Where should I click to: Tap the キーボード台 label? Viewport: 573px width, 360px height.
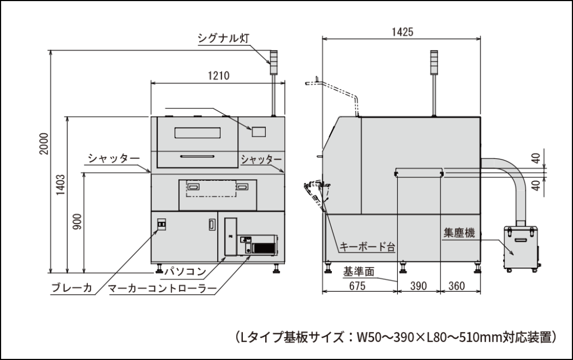click(x=368, y=246)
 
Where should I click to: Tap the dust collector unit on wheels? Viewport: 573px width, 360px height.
click(x=522, y=248)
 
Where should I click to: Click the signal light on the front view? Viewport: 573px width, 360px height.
click(x=274, y=59)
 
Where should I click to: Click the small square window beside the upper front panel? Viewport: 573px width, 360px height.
click(x=258, y=132)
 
